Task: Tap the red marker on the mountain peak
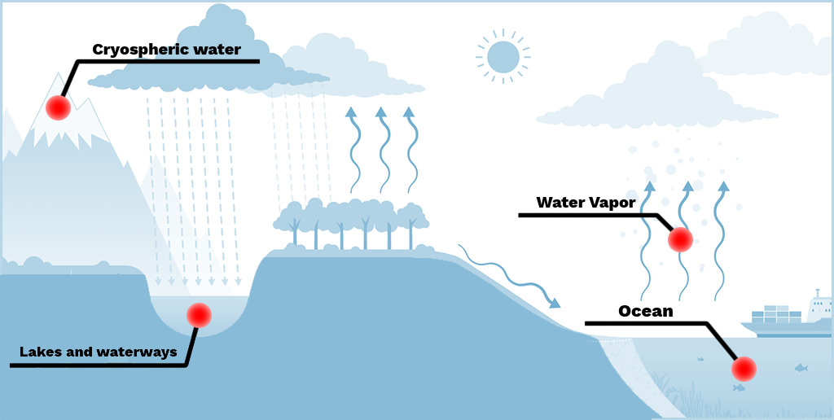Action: click(x=58, y=107)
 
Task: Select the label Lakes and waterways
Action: click(x=99, y=352)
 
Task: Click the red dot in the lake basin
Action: click(x=199, y=315)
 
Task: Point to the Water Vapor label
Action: click(x=586, y=203)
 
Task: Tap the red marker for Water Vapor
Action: click(x=680, y=239)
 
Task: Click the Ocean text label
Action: click(x=646, y=311)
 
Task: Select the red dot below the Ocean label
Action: click(x=744, y=370)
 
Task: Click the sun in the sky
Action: click(x=503, y=57)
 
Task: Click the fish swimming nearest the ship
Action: click(x=801, y=368)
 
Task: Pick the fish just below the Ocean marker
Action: click(x=739, y=388)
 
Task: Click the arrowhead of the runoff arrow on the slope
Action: click(x=555, y=304)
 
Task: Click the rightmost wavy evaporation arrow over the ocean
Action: click(x=720, y=236)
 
